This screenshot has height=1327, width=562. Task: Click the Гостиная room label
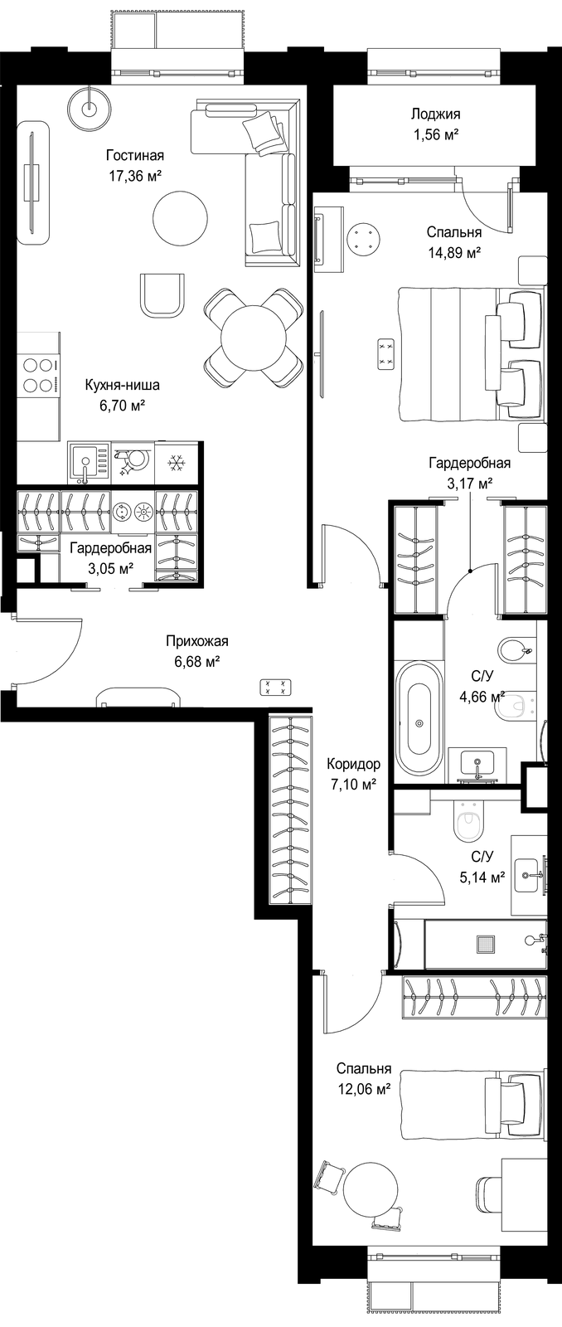pyautogui.click(x=135, y=155)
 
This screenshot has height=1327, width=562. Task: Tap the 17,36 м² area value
pyautogui.click(x=135, y=176)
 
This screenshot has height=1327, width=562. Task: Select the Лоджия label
pyautogui.click(x=436, y=114)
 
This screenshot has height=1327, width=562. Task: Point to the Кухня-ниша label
pyautogui.click(x=122, y=385)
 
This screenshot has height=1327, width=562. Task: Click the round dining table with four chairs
pyautogui.click(x=254, y=338)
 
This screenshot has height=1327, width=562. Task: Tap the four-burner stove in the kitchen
pyautogui.click(x=38, y=375)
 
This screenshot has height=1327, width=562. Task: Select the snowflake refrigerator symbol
pyautogui.click(x=176, y=462)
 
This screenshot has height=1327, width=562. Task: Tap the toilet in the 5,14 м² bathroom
pyautogui.click(x=469, y=822)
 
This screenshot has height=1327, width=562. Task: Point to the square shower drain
pyautogui.click(x=487, y=945)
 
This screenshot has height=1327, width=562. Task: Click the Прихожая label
pyautogui.click(x=197, y=641)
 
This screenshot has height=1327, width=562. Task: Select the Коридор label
pyautogui.click(x=354, y=764)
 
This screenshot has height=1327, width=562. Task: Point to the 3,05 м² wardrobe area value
pyautogui.click(x=111, y=569)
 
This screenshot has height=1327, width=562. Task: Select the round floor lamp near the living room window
pyautogui.click(x=89, y=107)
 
